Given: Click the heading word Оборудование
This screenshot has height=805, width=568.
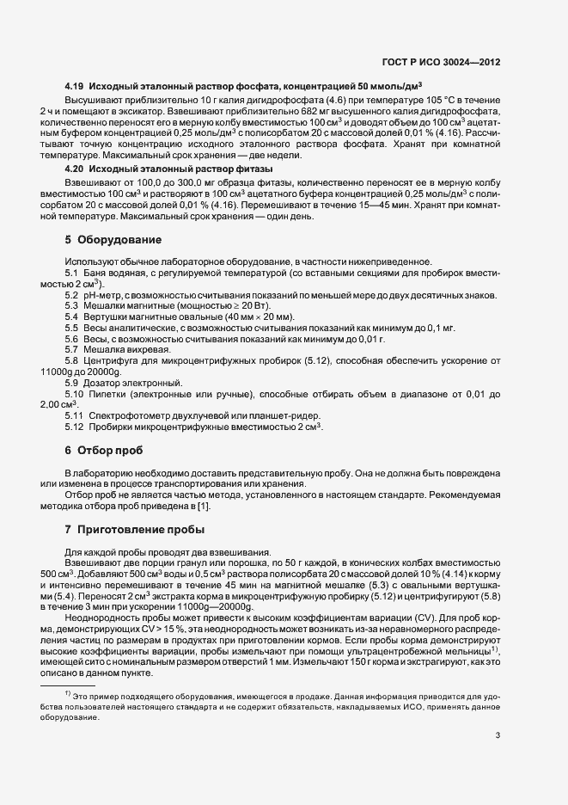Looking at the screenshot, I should tap(119, 238).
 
